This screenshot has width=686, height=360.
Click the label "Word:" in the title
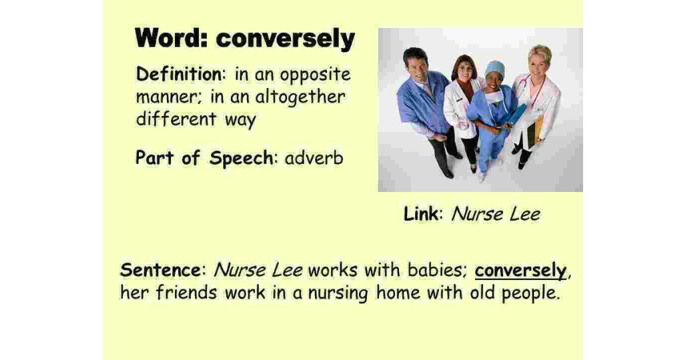172,39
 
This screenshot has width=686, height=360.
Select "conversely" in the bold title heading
285,39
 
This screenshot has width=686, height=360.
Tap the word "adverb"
314,158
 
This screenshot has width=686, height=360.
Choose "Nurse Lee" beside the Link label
495,214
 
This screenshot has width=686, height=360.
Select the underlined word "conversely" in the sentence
521,270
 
